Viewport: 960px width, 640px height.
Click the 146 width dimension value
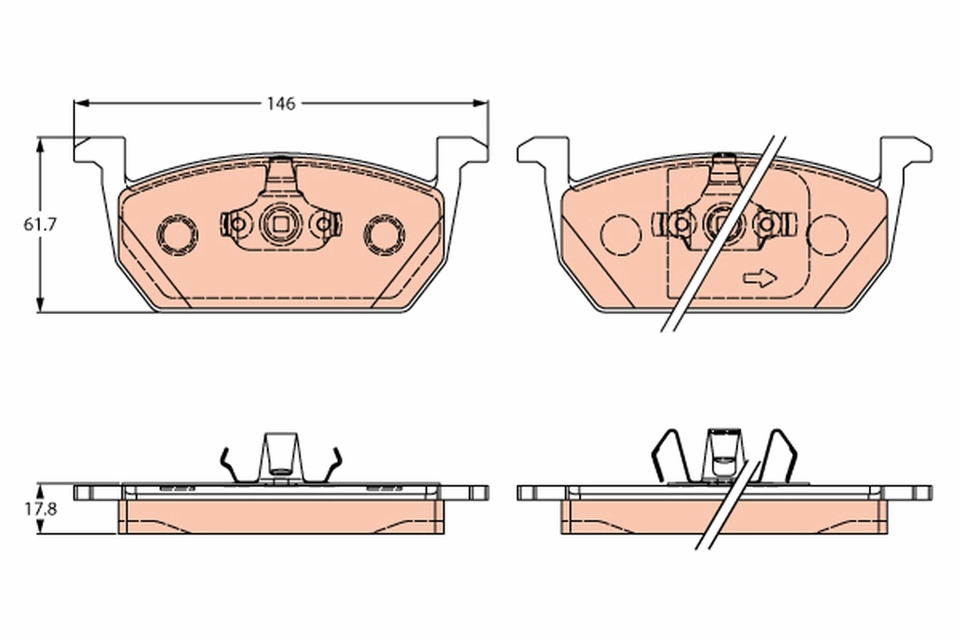(x=281, y=103)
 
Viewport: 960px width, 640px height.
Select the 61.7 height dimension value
(x=39, y=225)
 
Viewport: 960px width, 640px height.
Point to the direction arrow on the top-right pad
(x=759, y=278)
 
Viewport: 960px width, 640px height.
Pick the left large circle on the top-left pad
(x=177, y=234)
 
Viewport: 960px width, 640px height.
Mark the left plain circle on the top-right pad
(x=621, y=234)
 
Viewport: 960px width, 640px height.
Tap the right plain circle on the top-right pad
(x=827, y=234)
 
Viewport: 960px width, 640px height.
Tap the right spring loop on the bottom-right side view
(x=782, y=456)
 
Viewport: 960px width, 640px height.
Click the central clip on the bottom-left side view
(x=281, y=456)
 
